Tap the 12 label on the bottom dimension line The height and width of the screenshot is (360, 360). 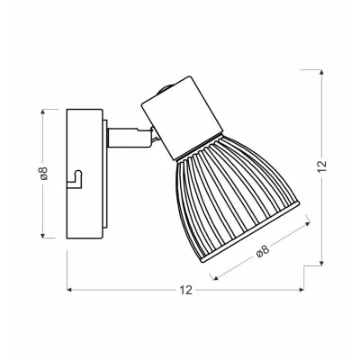(x=186, y=291)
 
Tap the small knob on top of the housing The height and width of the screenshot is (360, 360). (x=164, y=91)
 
